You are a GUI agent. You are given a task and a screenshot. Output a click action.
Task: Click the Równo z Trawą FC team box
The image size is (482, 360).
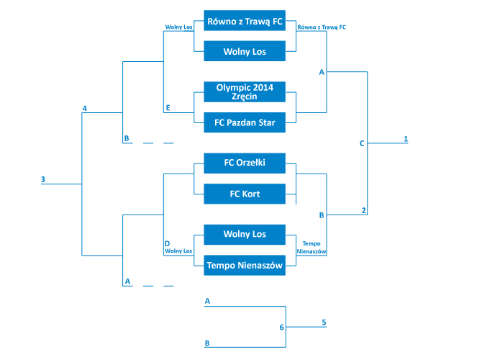point(245,21)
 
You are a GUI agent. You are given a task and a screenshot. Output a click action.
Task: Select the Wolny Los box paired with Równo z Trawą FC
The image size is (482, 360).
point(245,51)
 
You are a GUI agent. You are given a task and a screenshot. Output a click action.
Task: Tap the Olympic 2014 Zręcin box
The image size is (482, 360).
point(245,91)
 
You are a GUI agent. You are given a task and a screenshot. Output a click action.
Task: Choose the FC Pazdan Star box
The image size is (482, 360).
point(245,122)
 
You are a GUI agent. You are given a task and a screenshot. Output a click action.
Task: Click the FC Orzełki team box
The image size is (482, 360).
point(245,163)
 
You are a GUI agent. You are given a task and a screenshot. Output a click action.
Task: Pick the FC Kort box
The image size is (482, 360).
point(245,194)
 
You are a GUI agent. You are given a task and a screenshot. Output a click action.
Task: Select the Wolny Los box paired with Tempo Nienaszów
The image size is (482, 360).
point(245,235)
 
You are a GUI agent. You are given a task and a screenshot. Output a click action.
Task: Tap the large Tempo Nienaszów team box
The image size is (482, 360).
point(245,265)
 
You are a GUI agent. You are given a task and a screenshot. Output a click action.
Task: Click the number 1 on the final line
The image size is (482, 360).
point(406,139)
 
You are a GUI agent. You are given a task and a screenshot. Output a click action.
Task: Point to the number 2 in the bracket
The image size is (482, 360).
point(363,210)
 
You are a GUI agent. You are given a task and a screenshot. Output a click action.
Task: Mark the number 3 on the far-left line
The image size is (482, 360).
point(43,179)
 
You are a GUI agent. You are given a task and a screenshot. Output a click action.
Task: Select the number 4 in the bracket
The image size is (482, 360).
point(85,108)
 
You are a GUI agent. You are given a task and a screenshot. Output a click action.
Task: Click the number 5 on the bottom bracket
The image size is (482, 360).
point(324,322)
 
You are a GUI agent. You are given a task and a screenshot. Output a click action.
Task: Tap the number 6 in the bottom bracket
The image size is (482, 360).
point(281,328)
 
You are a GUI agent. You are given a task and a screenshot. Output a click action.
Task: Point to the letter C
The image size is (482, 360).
point(362,143)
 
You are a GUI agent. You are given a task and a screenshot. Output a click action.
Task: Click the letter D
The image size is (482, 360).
point(167,243)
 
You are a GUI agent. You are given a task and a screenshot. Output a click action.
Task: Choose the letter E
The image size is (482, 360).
point(168,108)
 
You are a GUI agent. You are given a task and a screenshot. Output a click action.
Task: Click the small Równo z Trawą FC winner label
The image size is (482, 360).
point(322,27)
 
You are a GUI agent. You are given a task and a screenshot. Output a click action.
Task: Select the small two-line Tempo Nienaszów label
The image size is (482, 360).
point(312,248)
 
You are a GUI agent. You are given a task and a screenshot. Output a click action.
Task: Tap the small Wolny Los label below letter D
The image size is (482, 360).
point(178,251)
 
